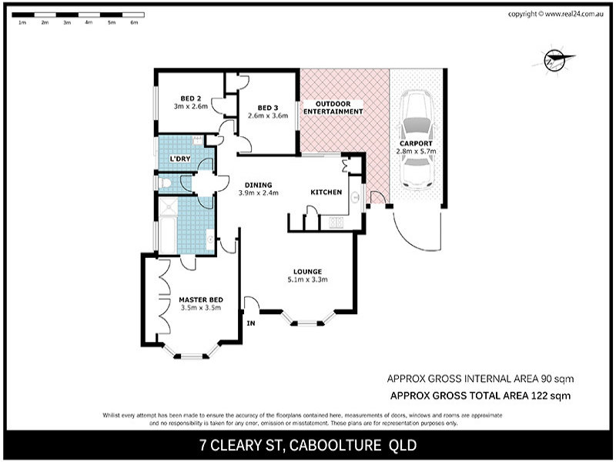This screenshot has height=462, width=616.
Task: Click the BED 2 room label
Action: point(191,99)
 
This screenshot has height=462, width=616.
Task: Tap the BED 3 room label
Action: point(267,107)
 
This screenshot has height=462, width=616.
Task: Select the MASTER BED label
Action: point(201,300)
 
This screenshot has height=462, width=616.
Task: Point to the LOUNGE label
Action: point(306,271)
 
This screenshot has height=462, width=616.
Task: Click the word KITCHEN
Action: point(326,192)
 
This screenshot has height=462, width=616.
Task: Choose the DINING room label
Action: point(259,185)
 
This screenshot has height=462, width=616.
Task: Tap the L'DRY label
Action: point(179,159)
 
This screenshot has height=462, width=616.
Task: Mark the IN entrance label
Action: point(250,323)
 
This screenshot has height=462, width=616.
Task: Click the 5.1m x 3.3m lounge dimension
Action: point(306,280)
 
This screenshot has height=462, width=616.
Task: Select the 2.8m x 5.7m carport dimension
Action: point(416,152)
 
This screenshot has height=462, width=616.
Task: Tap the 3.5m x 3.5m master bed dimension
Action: point(201,308)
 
